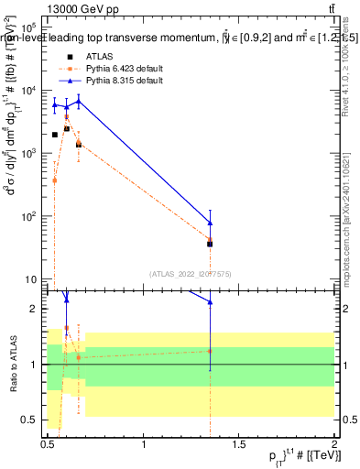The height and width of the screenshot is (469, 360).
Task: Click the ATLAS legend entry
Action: point(92,57)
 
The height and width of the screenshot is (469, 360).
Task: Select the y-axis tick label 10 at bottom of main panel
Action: point(30,278)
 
